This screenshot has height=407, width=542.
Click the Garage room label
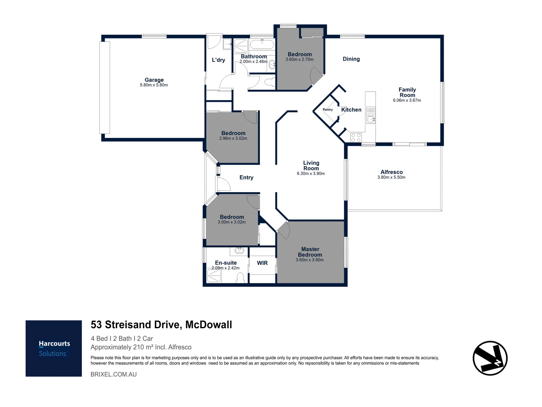[x=154, y=80]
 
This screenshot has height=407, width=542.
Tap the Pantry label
[x=328, y=110]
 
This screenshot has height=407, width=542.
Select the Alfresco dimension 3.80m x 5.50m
[x=391, y=177]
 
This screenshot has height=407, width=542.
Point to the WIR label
[x=262, y=263]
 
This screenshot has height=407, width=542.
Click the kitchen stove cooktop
[x=356, y=138]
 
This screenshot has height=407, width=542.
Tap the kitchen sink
[x=371, y=115]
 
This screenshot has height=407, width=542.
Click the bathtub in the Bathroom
[x=262, y=45]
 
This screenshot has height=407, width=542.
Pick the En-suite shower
[x=214, y=276]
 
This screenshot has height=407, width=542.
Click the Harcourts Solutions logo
[x=53, y=349]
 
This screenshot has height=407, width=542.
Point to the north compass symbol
[x=490, y=358]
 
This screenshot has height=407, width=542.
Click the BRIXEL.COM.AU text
[x=114, y=374]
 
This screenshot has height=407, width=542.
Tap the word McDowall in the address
[x=209, y=324]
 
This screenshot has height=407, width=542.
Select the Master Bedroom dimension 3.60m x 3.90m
[x=310, y=260]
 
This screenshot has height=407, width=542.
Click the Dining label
[x=351, y=59]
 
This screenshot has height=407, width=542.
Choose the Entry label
[x=246, y=177]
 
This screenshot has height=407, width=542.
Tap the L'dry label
[x=218, y=60]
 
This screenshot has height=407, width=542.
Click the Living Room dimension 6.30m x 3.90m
[x=311, y=174]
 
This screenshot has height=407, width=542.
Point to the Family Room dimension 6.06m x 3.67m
[x=407, y=100]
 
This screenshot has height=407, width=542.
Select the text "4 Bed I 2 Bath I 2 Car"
[x=122, y=338]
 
